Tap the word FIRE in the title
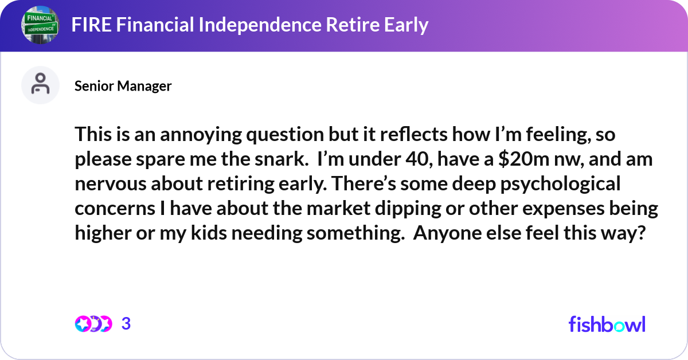pos(89,25)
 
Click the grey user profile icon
pos(40,85)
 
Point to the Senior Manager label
pos(123,86)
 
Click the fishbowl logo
pos(607,324)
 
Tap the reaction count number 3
pos(126,324)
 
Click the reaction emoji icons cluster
pos(93,324)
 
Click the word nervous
pos(105,185)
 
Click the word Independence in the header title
pos(246,25)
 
